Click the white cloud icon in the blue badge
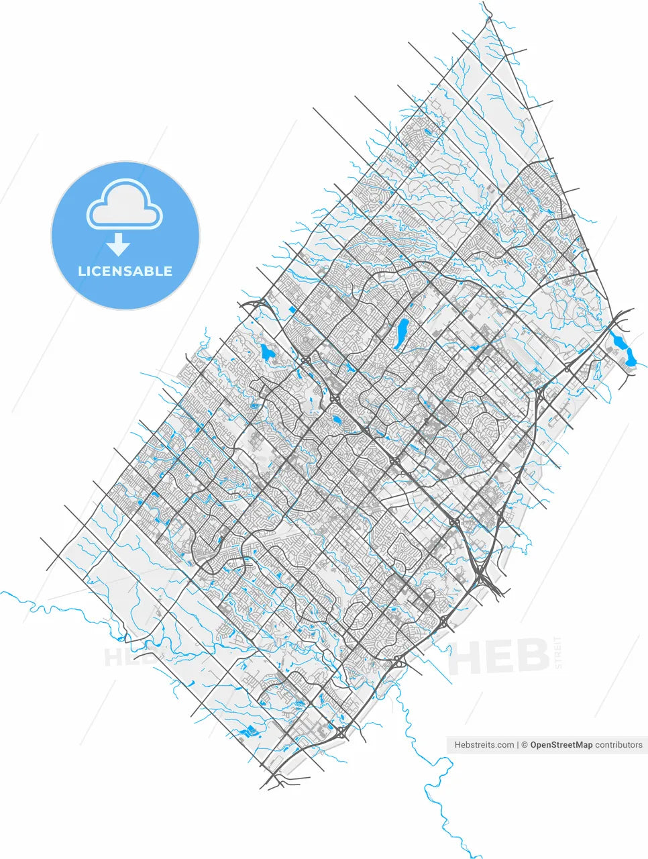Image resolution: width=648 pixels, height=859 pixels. pos(125,205)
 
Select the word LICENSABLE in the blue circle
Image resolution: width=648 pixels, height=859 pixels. pos(125,271)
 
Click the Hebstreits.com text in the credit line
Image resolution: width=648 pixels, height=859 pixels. pos(484,745)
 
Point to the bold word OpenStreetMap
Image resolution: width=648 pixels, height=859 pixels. pos(561,745)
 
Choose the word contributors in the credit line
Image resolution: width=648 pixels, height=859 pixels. pos(618,745)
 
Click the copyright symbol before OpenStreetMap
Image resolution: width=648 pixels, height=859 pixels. pos(525,745)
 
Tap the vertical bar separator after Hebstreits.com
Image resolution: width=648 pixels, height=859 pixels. pos(519,745)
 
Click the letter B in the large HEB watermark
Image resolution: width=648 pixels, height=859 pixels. pos(530,656)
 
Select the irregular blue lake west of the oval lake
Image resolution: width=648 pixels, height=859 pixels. pos(269,352)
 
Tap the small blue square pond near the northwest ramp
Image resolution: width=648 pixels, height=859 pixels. pos(293,309)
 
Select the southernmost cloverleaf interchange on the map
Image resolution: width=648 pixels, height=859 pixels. pos(341,732)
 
